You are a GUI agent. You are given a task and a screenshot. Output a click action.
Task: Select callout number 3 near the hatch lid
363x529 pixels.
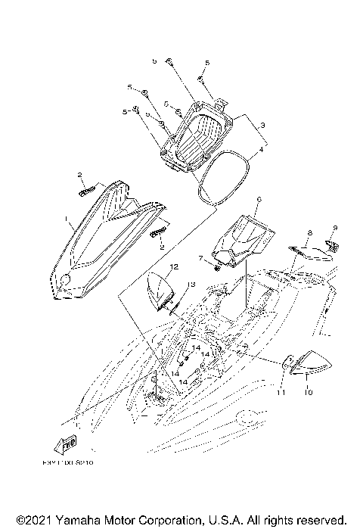(x=262, y=124)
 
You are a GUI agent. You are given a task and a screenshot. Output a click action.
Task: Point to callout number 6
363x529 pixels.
(x=258, y=201)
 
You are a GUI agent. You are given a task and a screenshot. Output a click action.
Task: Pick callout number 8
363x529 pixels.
(x=309, y=233)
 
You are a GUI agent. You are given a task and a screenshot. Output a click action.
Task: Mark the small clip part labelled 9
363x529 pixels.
(x=331, y=244)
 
